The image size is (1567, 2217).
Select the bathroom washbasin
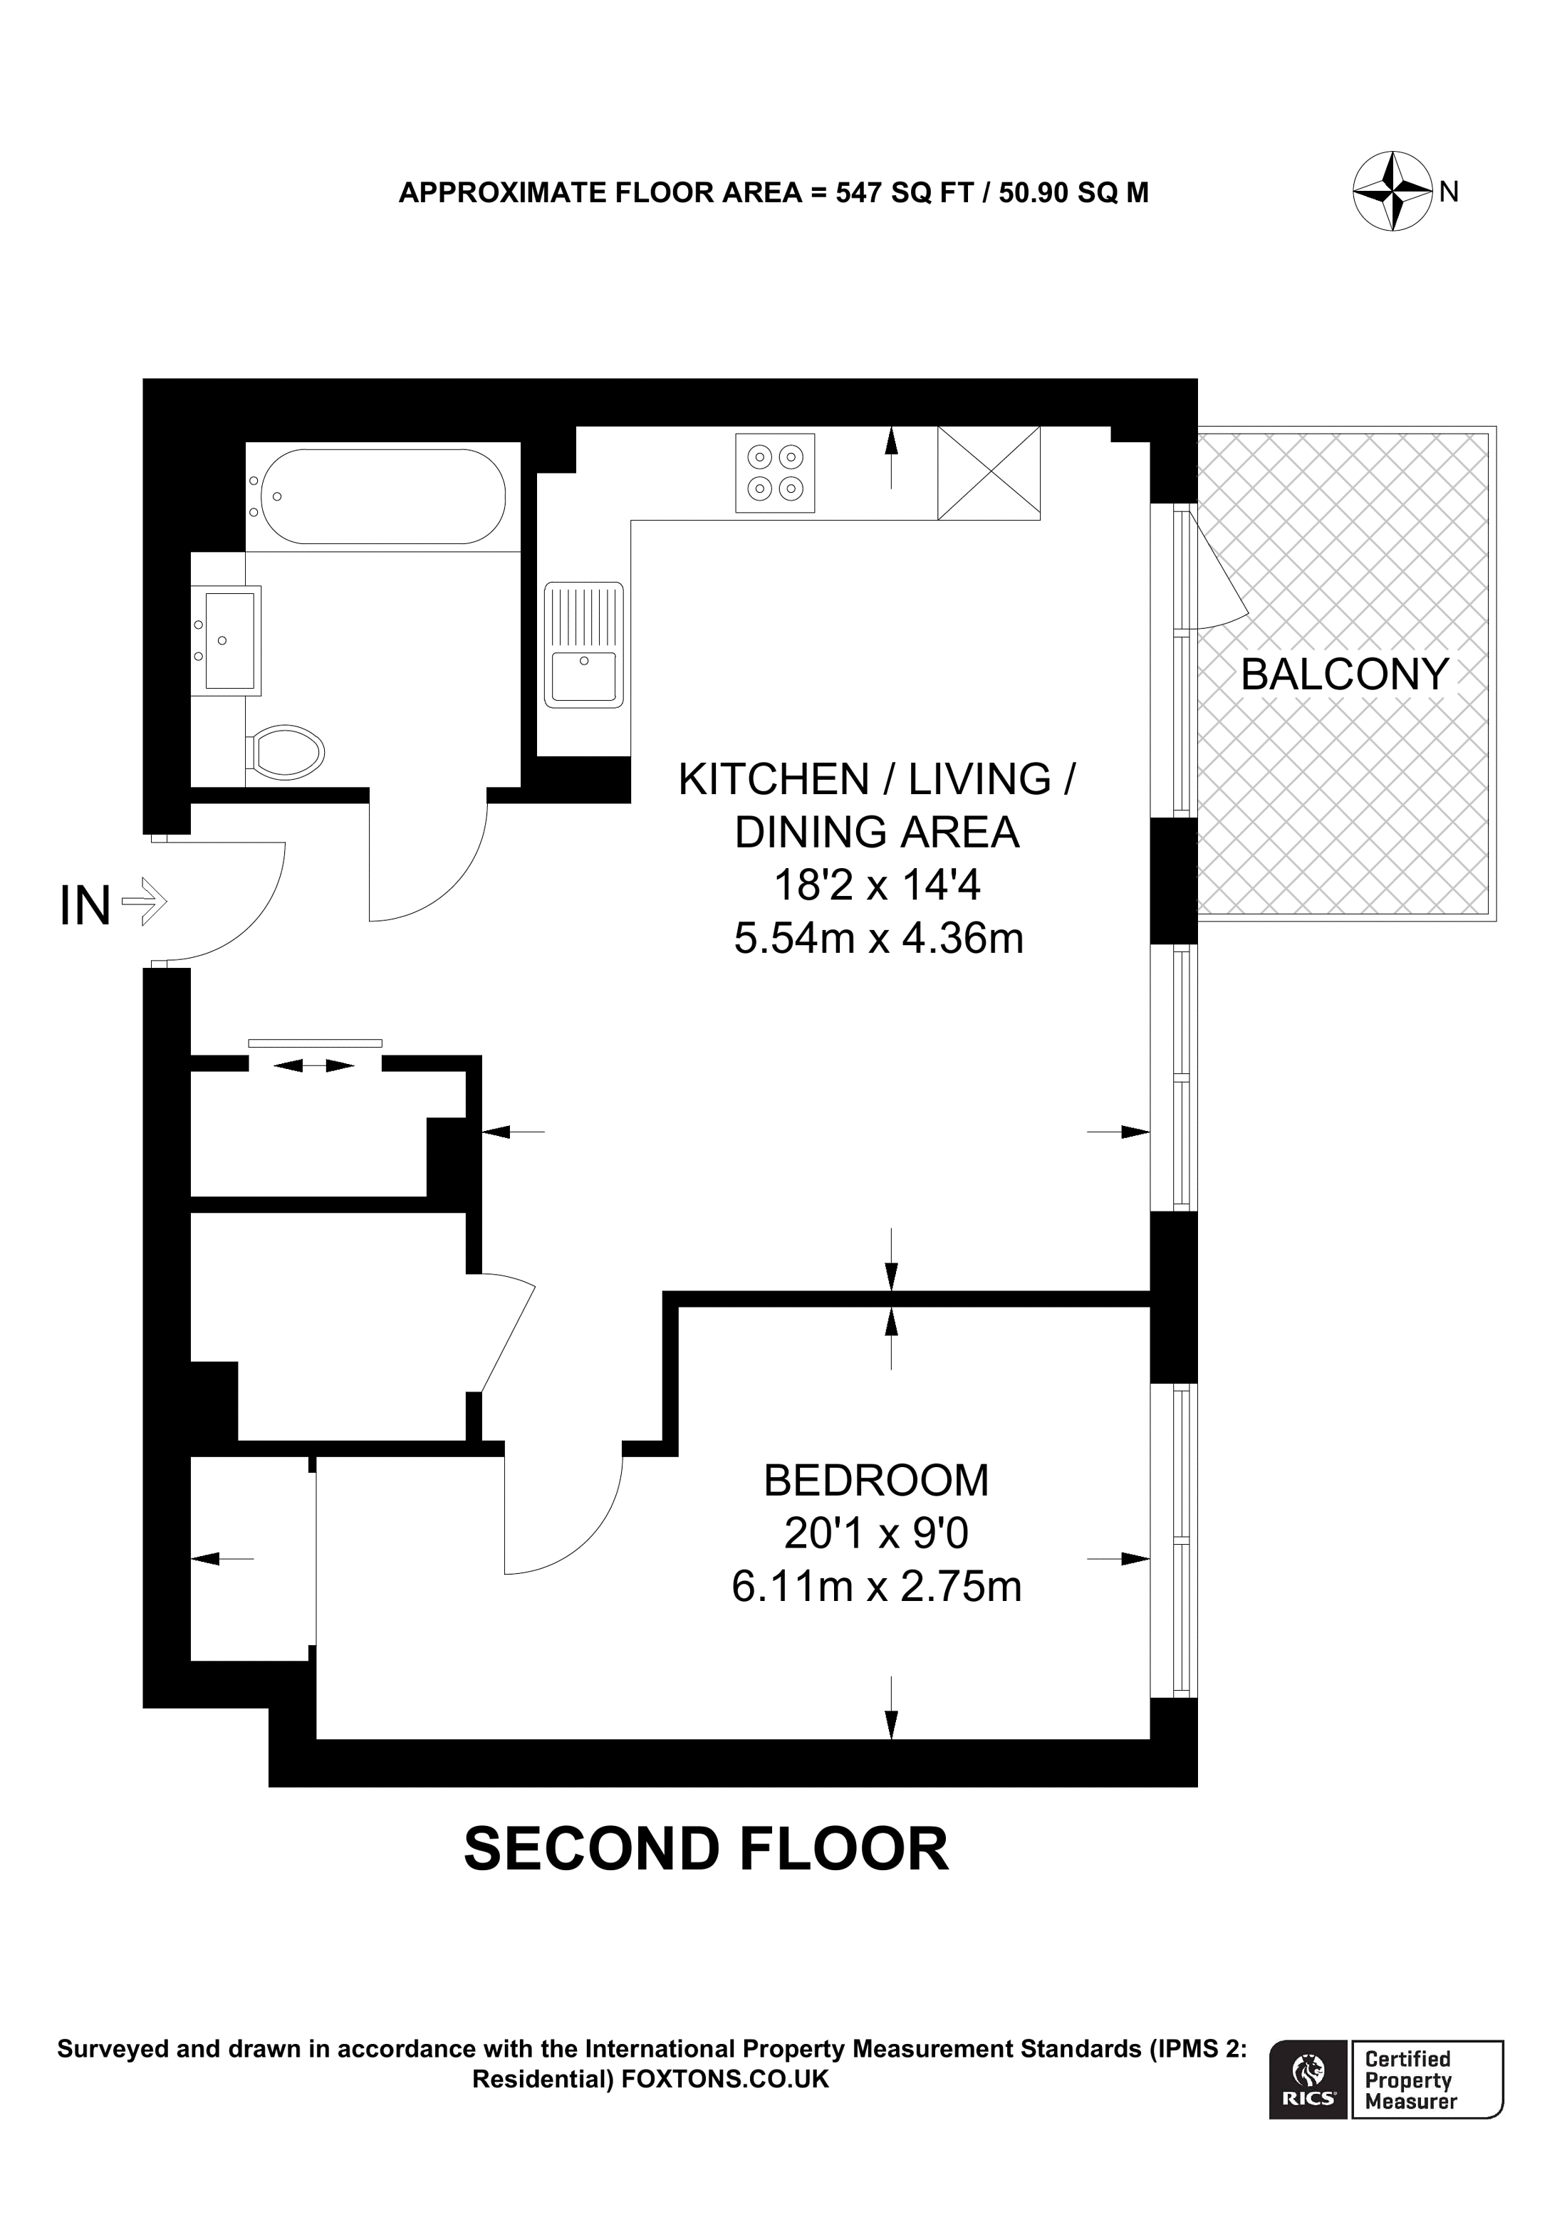(x=228, y=640)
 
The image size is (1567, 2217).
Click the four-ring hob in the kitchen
(x=774, y=472)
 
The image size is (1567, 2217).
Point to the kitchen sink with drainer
(x=583, y=644)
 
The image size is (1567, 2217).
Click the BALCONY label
(x=1344, y=674)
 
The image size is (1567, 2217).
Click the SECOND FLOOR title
(x=706, y=1848)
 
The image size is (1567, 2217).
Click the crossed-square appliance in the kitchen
(x=989, y=473)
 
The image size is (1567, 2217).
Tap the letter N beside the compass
(x=1448, y=192)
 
